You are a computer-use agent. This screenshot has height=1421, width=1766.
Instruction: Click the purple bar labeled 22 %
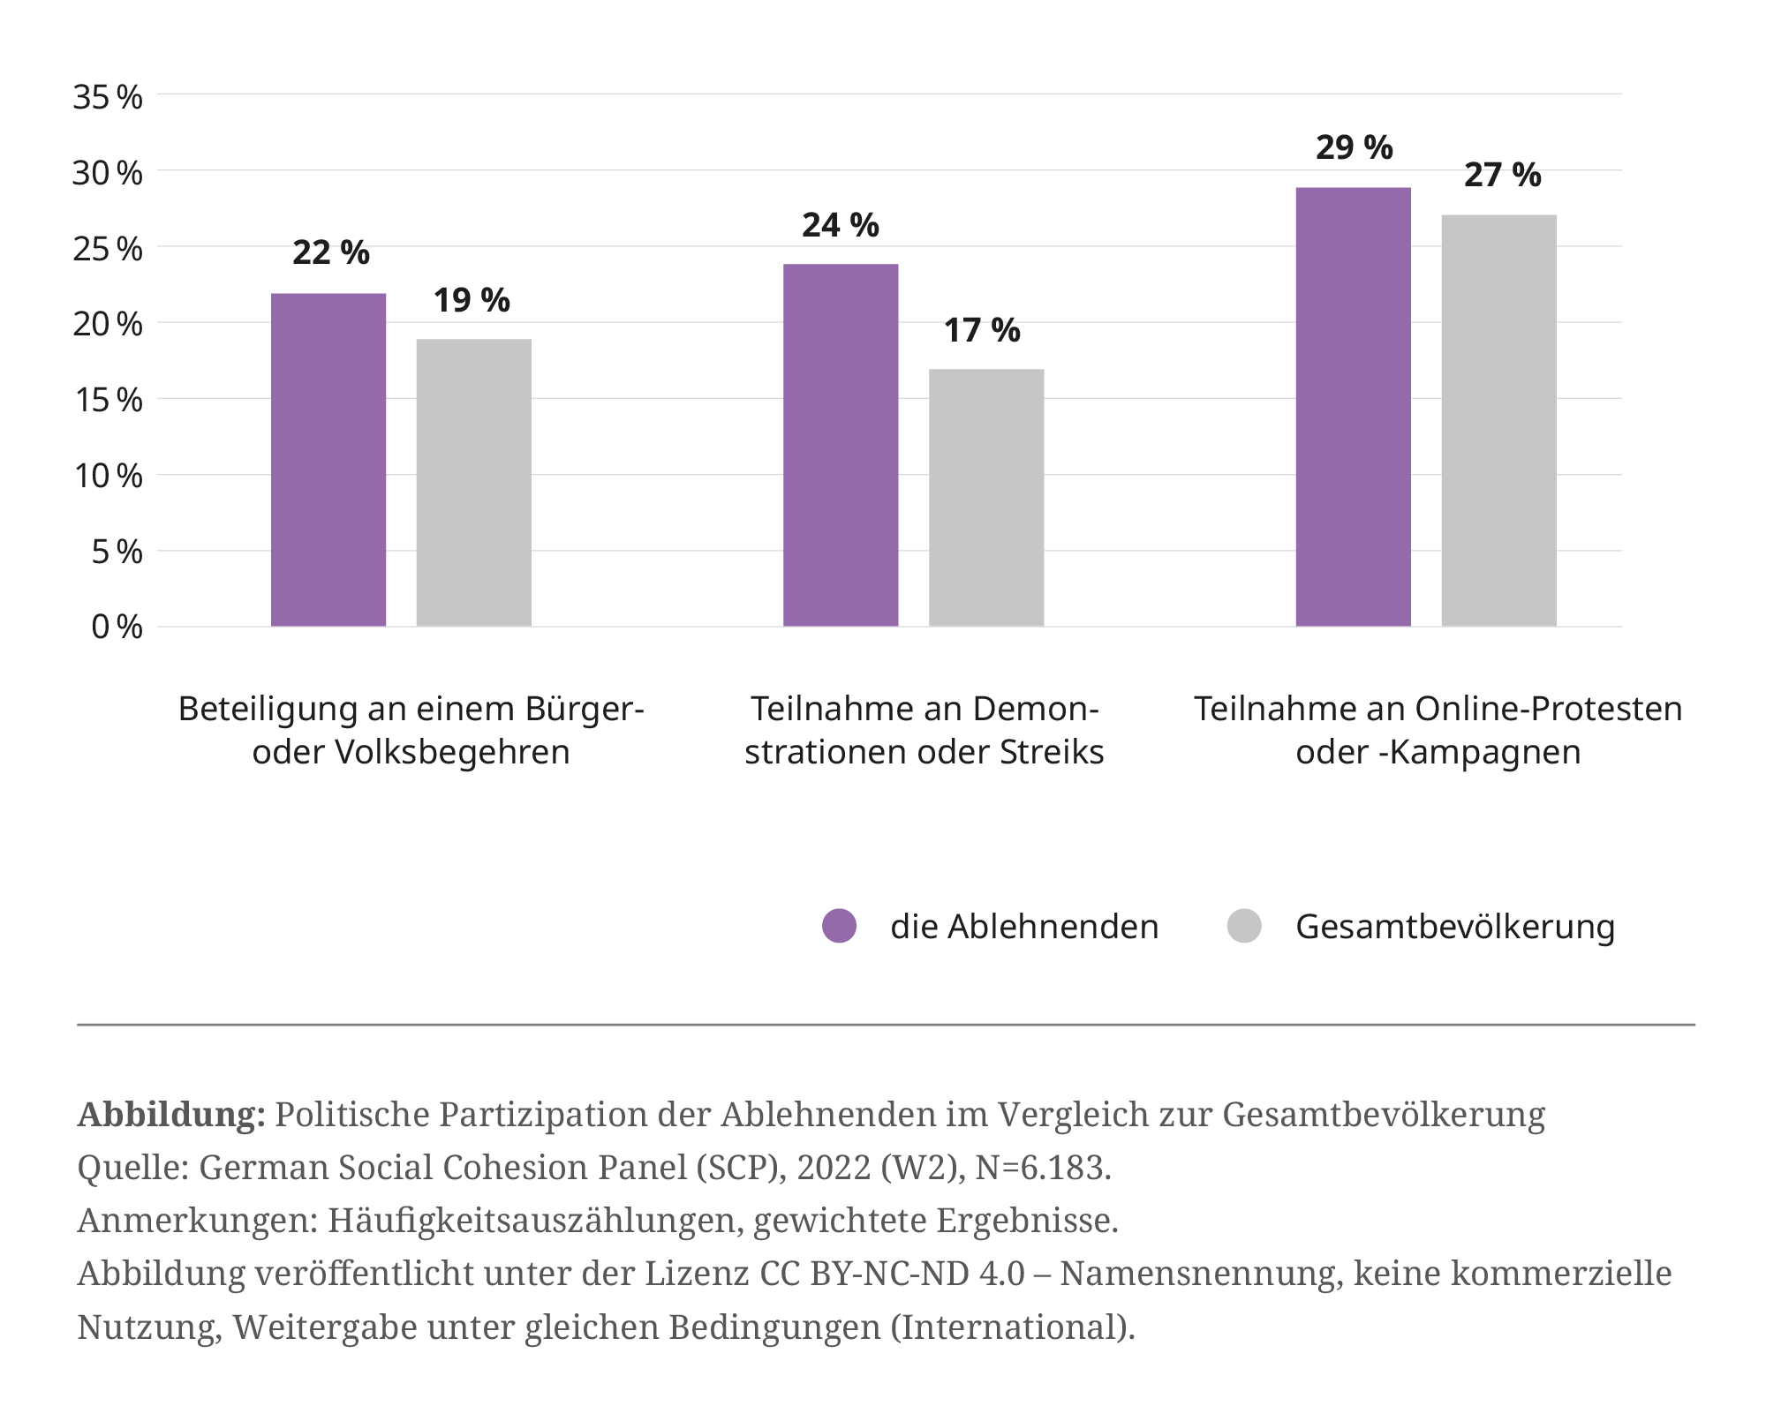(x=328, y=459)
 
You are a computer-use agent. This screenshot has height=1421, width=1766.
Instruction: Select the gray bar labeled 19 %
(x=473, y=482)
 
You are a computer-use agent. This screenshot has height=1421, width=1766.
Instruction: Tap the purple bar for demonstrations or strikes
(x=841, y=445)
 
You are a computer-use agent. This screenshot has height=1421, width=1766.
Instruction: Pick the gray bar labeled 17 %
(x=986, y=497)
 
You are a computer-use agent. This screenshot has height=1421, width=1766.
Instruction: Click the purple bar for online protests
(x=1353, y=406)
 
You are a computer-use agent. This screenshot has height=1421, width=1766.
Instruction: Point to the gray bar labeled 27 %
(x=1498, y=420)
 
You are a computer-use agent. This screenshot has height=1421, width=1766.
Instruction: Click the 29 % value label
(x=1354, y=147)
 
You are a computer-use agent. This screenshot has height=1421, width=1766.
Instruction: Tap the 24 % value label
(x=841, y=225)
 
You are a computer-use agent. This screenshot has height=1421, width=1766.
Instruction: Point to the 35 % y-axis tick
(x=107, y=97)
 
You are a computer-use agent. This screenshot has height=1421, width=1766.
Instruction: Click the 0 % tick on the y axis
(x=116, y=628)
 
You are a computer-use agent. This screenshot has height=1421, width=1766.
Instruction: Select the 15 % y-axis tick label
(x=107, y=401)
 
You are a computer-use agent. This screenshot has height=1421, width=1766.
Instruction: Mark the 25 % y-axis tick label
(x=107, y=249)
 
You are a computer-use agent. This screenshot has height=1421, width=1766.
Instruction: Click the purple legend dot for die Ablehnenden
(x=839, y=926)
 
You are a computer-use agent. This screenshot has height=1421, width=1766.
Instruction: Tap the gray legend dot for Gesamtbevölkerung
(x=1244, y=926)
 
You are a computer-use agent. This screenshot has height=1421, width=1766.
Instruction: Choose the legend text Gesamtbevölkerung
(x=1455, y=926)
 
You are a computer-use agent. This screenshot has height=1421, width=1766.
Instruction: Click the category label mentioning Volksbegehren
(x=411, y=730)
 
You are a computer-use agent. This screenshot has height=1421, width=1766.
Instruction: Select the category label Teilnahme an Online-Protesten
(x=1438, y=730)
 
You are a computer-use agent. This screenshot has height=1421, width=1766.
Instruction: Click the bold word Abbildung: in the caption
(x=171, y=1115)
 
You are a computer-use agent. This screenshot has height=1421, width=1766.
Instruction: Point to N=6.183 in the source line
(x=1042, y=1168)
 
